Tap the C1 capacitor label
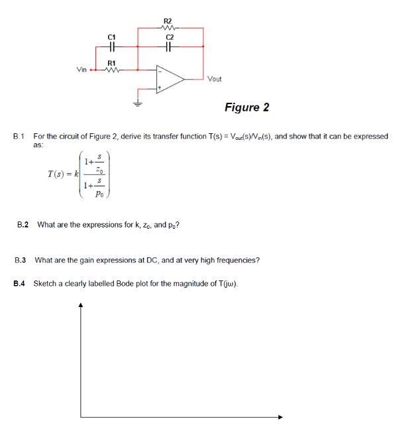[111, 38]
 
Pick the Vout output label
[215, 79]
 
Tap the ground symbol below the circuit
[138, 103]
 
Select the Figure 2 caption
[247, 107]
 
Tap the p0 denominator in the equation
[99, 194]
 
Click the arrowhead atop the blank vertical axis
[81, 306]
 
